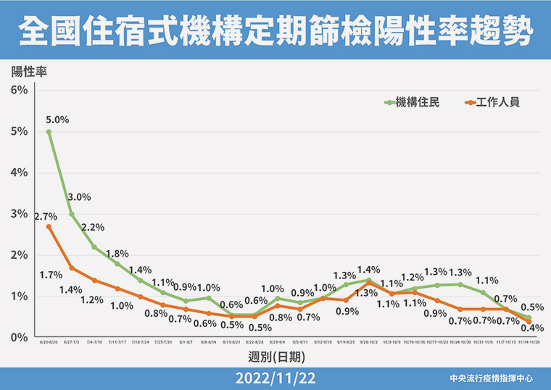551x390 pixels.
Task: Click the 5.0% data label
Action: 57,120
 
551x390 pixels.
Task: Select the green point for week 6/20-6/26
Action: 49,132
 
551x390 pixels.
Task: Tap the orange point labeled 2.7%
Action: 49,226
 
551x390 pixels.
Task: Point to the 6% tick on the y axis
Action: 19,90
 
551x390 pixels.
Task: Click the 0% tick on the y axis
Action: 19,338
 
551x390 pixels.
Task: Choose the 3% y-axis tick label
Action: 19,214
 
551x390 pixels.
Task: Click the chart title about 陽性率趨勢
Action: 275,33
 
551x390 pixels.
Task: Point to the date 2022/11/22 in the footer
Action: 275,378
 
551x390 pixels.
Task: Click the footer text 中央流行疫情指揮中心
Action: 491,378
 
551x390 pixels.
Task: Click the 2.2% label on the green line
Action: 94,227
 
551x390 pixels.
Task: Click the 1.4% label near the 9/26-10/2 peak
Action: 368,269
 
